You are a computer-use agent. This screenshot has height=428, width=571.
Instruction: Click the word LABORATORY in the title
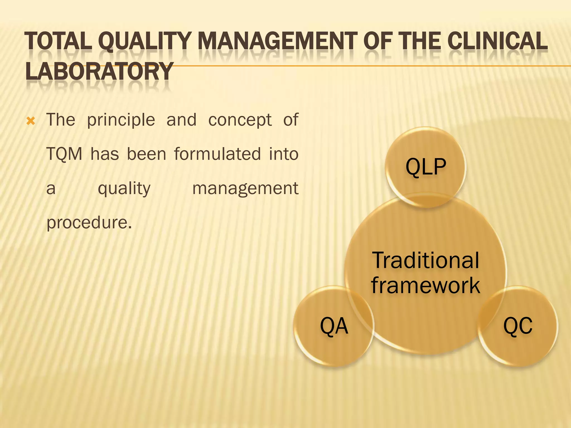(99, 72)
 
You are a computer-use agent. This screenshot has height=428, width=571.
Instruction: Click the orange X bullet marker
(31, 121)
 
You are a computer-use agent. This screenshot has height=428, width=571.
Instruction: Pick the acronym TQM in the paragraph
(64, 154)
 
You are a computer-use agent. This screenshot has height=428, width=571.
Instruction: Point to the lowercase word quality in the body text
(124, 189)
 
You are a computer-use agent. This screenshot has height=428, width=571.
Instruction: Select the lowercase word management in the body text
(245, 189)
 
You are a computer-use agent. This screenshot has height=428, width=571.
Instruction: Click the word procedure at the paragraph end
(89, 223)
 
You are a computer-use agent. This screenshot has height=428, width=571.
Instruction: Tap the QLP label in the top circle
(426, 167)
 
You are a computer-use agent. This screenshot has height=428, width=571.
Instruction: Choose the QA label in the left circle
(334, 326)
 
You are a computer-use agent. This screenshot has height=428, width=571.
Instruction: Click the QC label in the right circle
(518, 326)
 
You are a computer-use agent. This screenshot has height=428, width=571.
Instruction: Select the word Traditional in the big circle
(425, 260)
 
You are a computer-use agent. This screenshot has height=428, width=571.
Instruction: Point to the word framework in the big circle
(425, 285)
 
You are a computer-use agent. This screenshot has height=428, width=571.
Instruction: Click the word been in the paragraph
(146, 154)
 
